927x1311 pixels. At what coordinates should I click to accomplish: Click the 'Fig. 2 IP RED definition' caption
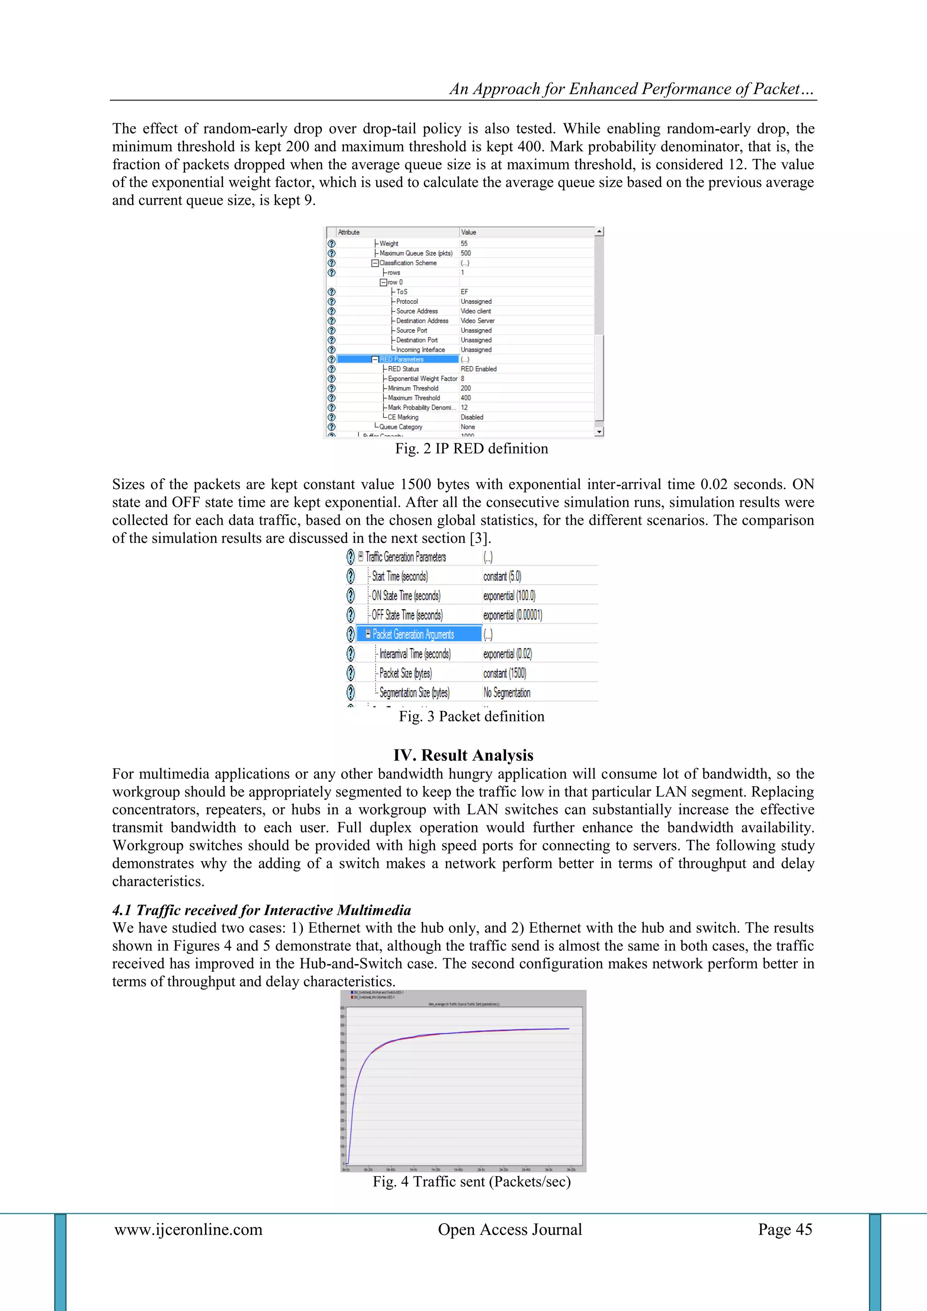click(472, 448)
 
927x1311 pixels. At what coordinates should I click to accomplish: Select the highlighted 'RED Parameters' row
click(401, 359)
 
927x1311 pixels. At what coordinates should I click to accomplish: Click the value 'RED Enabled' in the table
click(478, 369)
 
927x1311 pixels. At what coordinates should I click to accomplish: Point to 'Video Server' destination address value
click(477, 321)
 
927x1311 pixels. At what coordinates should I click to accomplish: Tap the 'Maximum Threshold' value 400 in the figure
click(466, 398)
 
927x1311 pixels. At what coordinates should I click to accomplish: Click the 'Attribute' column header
click(349, 232)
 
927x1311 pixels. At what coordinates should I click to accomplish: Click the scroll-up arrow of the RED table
click(599, 232)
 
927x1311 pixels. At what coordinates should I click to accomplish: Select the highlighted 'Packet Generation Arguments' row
click(413, 634)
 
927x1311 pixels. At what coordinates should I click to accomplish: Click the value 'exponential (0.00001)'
click(512, 615)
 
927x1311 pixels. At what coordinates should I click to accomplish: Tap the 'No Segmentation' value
click(507, 692)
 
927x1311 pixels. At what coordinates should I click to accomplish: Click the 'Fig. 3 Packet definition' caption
click(472, 716)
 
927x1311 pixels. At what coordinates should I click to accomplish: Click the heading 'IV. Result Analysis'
click(463, 755)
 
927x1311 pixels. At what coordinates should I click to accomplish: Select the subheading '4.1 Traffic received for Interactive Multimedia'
click(262, 910)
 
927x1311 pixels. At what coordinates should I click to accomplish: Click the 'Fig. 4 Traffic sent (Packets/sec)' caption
click(472, 1181)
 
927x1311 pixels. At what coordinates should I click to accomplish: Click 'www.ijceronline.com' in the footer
click(188, 1229)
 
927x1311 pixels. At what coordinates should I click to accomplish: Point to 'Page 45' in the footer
click(784, 1229)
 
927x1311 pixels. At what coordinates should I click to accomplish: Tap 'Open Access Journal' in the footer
click(510, 1229)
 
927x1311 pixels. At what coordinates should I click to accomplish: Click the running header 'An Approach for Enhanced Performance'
click(631, 89)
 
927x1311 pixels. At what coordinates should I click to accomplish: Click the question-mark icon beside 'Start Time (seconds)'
click(350, 576)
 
